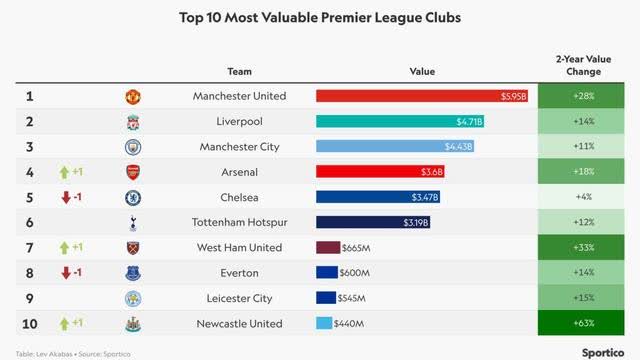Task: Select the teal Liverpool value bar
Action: pos(401,121)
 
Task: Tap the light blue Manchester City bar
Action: pos(396,147)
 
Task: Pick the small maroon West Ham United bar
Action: pos(328,248)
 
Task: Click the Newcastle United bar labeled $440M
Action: pos(324,323)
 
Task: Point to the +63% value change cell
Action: pos(584,323)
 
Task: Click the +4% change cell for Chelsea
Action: pos(584,197)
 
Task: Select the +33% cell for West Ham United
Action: pos(584,248)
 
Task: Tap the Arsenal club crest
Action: pos(133,172)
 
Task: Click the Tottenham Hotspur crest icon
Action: pos(133,223)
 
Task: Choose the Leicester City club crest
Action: pos(133,298)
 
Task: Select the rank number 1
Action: pos(29,96)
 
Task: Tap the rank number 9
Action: pos(29,298)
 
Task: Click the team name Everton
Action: pos(239,273)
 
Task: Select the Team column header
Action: pos(239,71)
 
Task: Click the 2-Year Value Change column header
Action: pos(584,65)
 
